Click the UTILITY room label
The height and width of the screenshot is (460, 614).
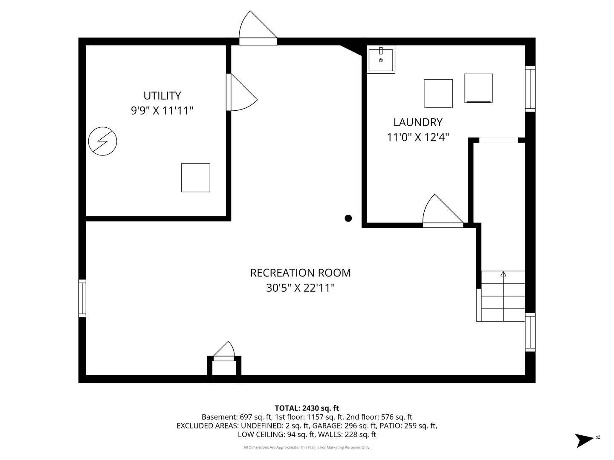[x=162, y=95]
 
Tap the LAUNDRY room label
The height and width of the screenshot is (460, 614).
[x=418, y=122]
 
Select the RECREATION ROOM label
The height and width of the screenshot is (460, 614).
[x=300, y=273]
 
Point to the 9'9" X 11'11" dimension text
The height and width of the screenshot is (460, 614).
[x=162, y=111]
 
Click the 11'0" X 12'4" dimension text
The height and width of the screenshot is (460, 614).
[x=417, y=137]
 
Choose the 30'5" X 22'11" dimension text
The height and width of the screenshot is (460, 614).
[x=300, y=287]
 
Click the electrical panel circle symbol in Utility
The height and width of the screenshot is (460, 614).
[x=103, y=141]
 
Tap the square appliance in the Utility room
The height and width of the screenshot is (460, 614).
[x=196, y=178]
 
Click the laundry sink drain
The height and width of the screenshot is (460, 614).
[x=381, y=60]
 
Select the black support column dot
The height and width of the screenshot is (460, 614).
[x=348, y=218]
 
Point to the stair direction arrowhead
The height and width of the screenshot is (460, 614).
[x=503, y=274]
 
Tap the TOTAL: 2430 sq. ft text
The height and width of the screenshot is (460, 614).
[x=307, y=408]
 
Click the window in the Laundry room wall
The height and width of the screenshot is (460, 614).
[x=530, y=89]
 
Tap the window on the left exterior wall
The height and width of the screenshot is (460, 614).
[x=82, y=298]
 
